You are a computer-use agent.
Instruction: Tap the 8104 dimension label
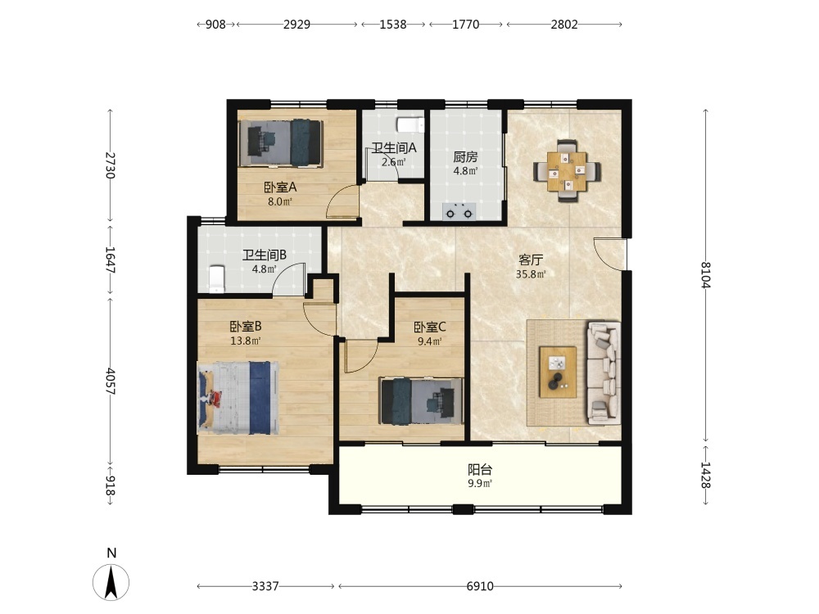(x=706, y=274)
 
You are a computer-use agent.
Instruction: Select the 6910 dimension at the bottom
(x=479, y=586)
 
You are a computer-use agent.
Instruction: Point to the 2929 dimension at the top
(x=296, y=25)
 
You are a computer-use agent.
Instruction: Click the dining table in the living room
(x=567, y=171)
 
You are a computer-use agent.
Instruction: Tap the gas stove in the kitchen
(x=459, y=211)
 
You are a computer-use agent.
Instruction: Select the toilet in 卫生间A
(x=410, y=125)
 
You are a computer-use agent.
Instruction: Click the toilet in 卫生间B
(x=216, y=279)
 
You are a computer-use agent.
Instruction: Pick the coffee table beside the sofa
(x=558, y=372)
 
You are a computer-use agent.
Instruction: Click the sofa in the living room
(x=604, y=372)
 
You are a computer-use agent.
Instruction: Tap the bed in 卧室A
(x=280, y=143)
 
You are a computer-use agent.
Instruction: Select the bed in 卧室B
(x=238, y=397)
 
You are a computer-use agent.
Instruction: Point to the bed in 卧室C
(x=421, y=401)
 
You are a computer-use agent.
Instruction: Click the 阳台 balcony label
(x=479, y=469)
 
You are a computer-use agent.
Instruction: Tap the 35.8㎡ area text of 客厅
(x=531, y=274)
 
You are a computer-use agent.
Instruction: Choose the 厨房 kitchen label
(x=465, y=156)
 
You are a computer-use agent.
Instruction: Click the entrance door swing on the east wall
(x=609, y=255)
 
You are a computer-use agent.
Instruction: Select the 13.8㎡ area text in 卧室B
(x=246, y=341)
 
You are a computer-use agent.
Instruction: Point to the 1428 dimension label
(x=706, y=475)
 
